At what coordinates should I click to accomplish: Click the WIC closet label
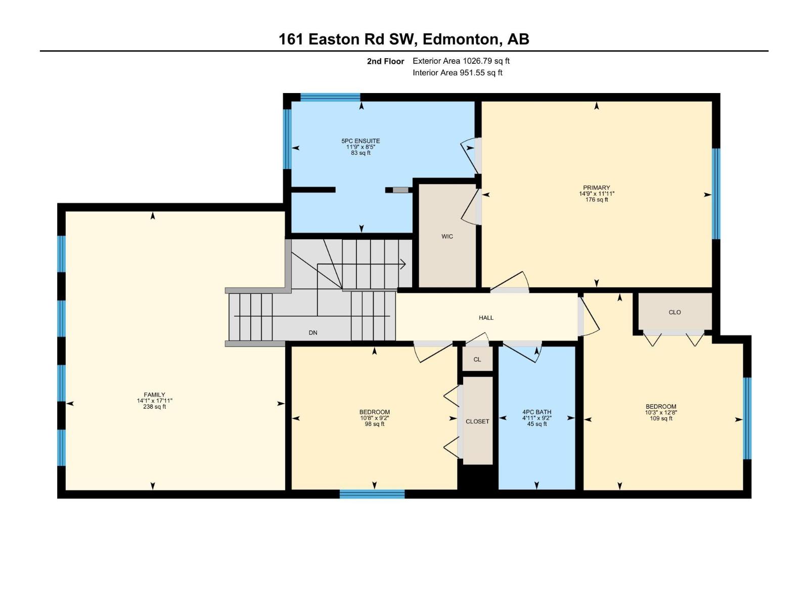(447, 236)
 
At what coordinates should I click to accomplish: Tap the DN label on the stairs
(313, 333)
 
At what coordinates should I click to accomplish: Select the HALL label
(486, 318)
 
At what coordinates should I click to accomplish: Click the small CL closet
(477, 360)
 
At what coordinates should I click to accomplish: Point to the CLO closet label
(675, 312)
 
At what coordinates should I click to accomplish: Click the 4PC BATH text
(536, 412)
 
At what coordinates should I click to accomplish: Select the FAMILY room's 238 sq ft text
(154, 407)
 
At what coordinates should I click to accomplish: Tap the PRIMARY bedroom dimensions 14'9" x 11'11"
(597, 194)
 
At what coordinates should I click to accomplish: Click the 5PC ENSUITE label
(361, 141)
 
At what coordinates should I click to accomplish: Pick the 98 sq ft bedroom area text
(375, 424)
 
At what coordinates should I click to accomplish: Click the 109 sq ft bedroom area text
(661, 418)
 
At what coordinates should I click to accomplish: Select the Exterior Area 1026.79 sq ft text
(461, 61)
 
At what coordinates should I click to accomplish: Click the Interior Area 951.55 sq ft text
(457, 73)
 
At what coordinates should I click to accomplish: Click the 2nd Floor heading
(385, 62)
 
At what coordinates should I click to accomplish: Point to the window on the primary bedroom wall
(716, 193)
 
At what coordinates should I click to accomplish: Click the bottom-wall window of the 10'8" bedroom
(372, 494)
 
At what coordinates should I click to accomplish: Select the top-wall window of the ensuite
(330, 97)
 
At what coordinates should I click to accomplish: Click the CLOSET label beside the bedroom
(477, 421)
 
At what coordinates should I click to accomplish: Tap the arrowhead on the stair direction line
(403, 264)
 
